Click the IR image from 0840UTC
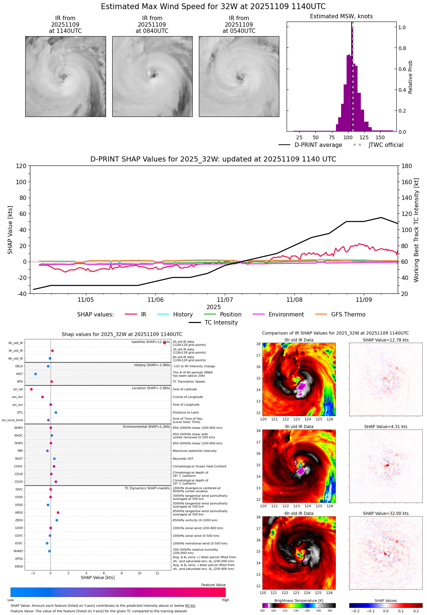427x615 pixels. point(152,76)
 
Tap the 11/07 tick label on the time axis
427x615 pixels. point(225,300)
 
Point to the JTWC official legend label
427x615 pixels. point(386,145)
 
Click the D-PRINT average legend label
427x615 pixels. point(318,145)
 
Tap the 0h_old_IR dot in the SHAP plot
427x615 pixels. point(165,343)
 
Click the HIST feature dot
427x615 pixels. point(35,374)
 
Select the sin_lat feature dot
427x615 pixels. point(31,389)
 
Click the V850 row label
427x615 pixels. point(19,512)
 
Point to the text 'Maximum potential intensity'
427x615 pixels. point(194,451)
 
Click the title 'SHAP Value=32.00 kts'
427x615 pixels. point(386,513)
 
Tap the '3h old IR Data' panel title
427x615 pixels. point(299,426)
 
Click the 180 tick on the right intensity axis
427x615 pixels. point(407,166)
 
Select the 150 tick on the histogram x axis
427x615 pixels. point(380,137)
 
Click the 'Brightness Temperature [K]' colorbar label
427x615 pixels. point(299,601)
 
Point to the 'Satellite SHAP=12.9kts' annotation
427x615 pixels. point(150,342)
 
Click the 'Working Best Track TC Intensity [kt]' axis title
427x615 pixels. point(416,230)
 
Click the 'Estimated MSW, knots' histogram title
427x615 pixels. point(341,16)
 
